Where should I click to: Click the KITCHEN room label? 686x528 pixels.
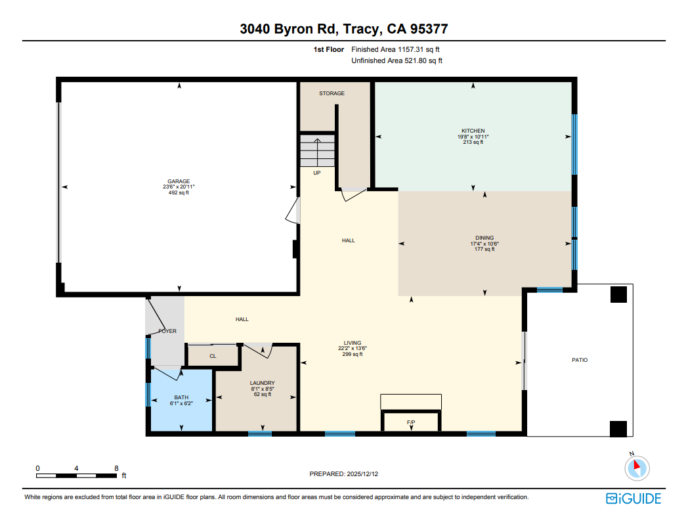point(473,131)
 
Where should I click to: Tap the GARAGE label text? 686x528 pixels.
point(178,181)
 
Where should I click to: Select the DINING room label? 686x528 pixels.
point(484,238)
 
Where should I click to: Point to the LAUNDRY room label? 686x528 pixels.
point(262,383)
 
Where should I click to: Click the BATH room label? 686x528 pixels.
point(181,397)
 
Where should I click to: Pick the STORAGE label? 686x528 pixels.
point(332,94)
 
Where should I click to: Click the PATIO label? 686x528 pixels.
point(579,360)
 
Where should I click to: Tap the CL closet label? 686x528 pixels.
point(213,357)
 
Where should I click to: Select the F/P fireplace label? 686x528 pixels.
point(412,422)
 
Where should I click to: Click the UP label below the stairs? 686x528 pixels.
point(316,173)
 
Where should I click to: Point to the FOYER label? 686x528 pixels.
point(167,331)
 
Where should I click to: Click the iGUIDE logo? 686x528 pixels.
point(633,498)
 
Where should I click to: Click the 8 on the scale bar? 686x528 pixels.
point(116,468)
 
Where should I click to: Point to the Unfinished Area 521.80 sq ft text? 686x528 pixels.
point(397,61)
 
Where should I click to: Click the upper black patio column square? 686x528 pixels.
point(618,295)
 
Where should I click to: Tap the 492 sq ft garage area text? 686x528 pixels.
point(178,193)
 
